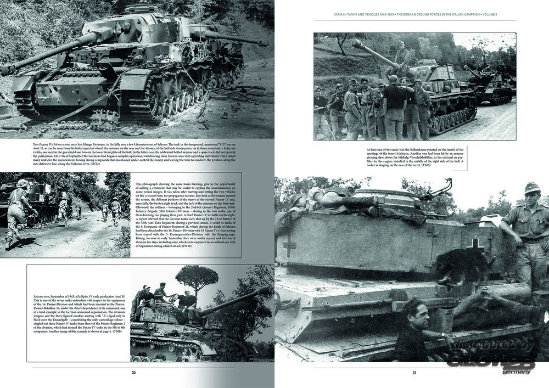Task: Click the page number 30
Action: click(133, 373)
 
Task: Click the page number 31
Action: click(414, 373)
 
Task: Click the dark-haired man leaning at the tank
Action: click(417, 329)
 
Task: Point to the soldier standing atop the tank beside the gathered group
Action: click(402, 55)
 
